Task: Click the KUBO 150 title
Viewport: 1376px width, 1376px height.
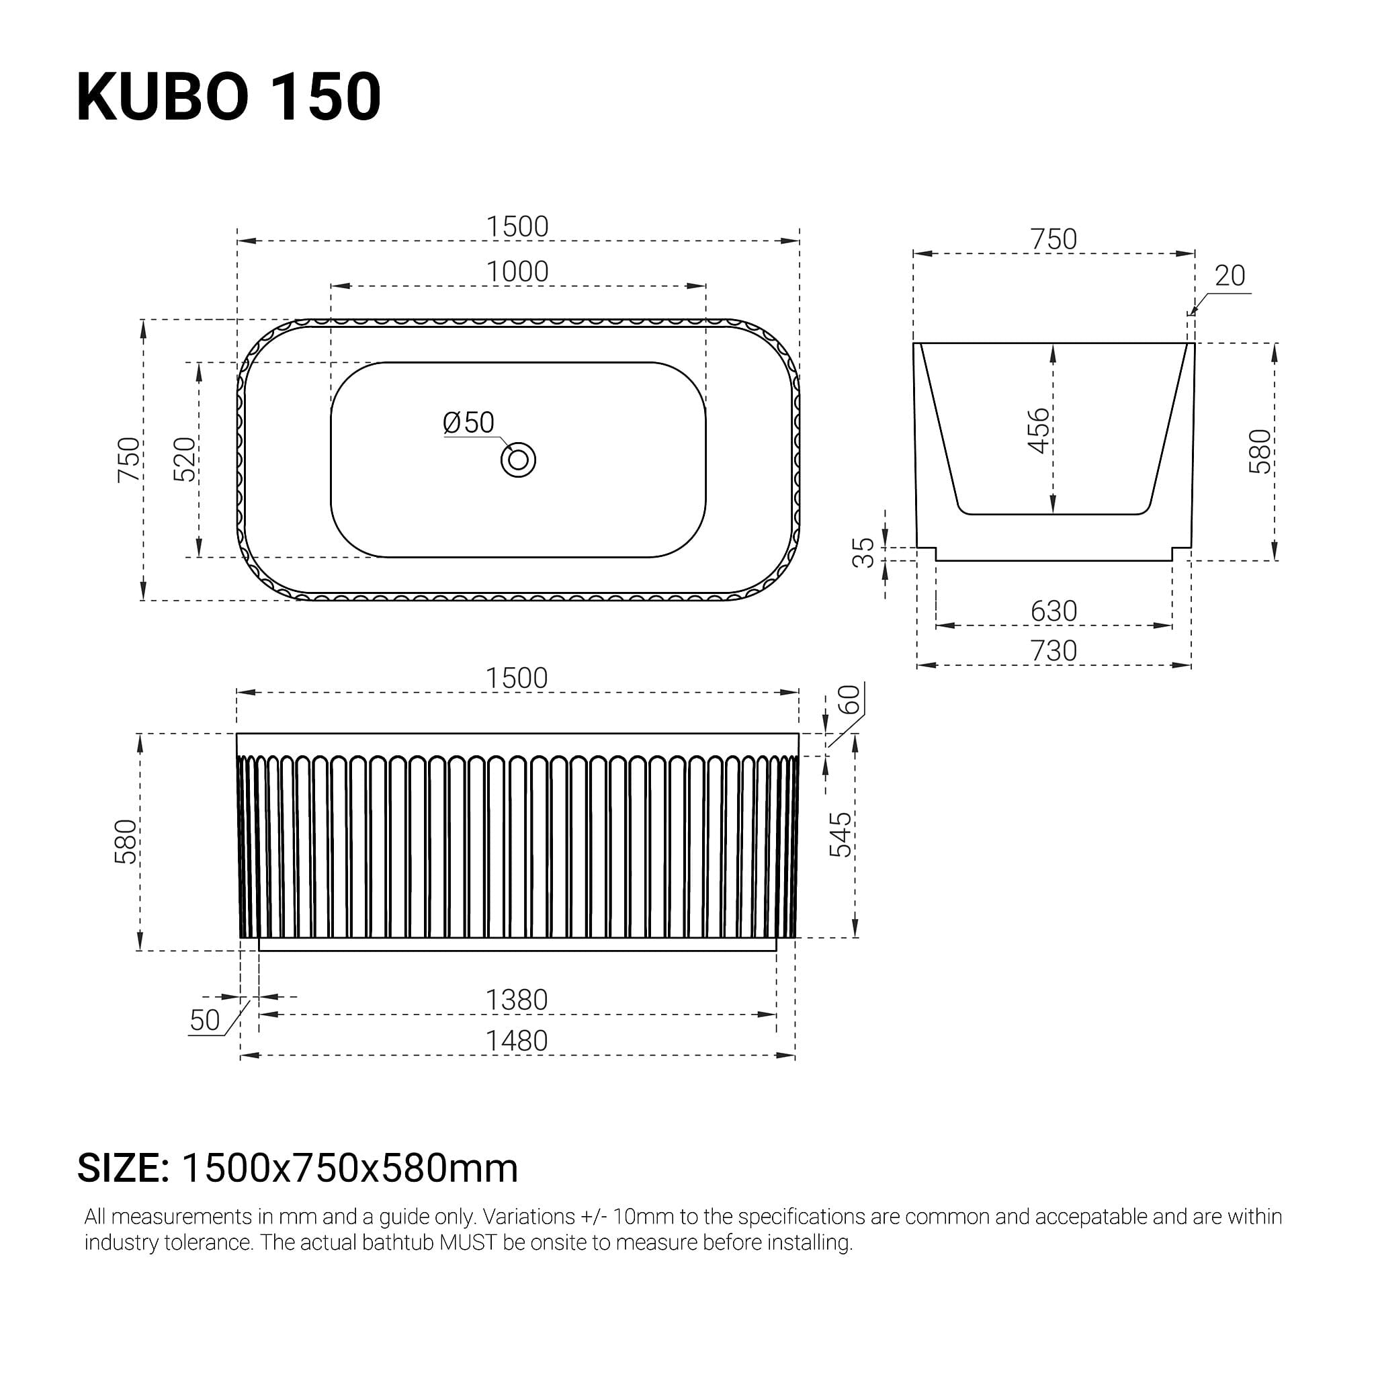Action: coord(228,97)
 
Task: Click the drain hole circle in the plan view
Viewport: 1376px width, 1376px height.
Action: coord(518,460)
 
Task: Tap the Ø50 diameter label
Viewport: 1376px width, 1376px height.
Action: coord(468,423)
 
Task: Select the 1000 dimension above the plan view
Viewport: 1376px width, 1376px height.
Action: coord(517,271)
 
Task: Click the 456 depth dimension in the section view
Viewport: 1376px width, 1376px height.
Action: coord(1039,430)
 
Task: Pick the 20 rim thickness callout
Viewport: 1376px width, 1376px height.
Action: coord(1230,275)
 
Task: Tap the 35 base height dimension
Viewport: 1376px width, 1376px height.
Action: coord(863,552)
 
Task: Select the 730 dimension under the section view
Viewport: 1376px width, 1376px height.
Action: coord(1053,650)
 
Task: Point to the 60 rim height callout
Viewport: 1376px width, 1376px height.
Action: coord(849,699)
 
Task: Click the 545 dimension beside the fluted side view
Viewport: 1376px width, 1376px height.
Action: coord(841,834)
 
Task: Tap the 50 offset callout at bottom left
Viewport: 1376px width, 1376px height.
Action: coord(205,1021)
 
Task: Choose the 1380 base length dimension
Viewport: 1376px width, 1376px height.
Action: coord(517,1000)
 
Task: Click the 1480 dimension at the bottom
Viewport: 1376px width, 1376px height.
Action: coord(517,1041)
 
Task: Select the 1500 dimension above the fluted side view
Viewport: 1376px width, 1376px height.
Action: coord(517,678)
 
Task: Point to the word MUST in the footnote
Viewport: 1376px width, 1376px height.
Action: coord(467,1243)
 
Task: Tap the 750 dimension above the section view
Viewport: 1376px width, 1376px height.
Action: coord(1053,239)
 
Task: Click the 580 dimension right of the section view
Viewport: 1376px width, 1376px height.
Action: coord(1260,451)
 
